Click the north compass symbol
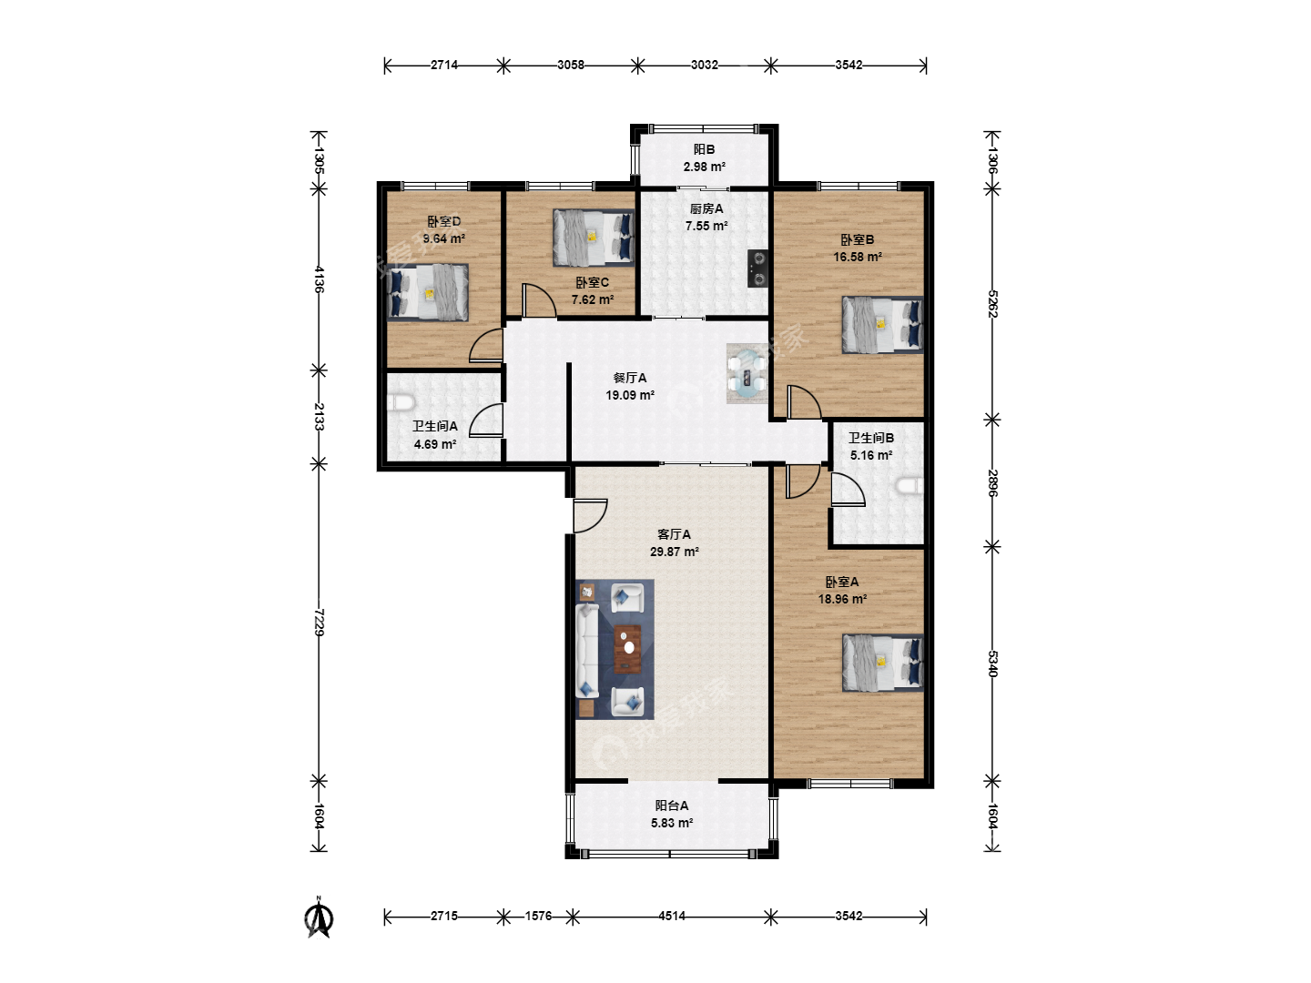point(319,919)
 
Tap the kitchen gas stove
point(758,268)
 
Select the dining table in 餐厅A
point(747,373)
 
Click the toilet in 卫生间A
point(401,403)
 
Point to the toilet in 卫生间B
point(910,486)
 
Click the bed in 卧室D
point(428,293)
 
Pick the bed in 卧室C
point(593,238)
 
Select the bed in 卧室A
point(883,663)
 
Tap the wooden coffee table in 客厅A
point(627,649)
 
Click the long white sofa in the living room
point(587,651)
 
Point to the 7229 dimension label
point(319,623)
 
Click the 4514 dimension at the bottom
point(672,916)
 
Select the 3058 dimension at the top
point(571,65)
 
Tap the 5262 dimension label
point(992,304)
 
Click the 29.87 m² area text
point(675,552)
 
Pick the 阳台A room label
point(672,806)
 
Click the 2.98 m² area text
point(705,167)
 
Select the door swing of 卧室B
point(804,402)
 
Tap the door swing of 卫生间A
point(486,421)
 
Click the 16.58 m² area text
point(858,257)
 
